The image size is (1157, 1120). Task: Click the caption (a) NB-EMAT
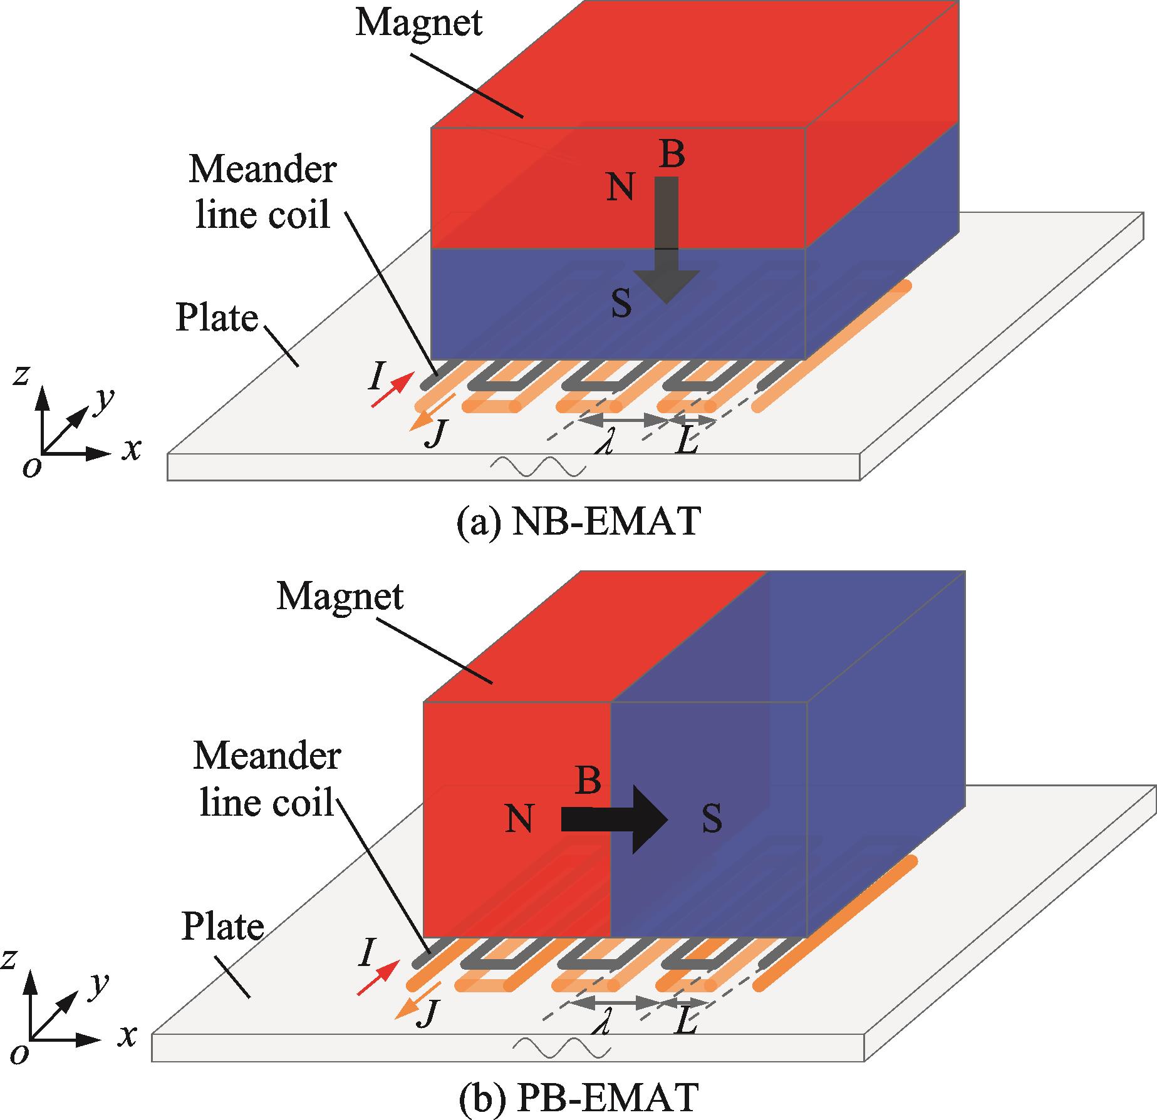point(578,521)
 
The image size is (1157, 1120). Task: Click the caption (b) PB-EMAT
point(578,1096)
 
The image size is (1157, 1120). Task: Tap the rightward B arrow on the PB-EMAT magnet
point(615,819)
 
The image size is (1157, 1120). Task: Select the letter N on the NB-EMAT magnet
point(620,187)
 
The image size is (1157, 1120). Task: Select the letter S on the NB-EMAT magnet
point(621,304)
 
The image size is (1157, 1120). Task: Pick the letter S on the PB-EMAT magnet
point(712,819)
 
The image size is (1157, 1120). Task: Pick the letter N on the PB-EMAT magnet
point(519,819)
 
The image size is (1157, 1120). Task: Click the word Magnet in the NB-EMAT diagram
point(418,23)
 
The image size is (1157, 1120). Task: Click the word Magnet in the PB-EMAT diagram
point(340,597)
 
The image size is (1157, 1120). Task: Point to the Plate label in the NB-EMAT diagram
point(217,318)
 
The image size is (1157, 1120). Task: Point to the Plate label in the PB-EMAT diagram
point(222,927)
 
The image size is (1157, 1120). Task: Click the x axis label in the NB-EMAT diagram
point(131,450)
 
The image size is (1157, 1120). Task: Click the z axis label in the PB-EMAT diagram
point(8,958)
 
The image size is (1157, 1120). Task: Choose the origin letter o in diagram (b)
point(20,1054)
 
